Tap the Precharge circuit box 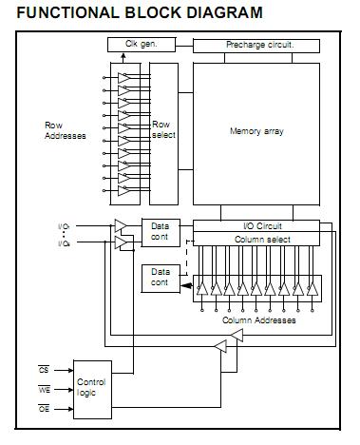259,45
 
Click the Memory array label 256,130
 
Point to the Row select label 163,130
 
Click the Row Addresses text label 66,130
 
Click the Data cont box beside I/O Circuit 160,231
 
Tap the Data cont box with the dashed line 160,278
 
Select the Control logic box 92,386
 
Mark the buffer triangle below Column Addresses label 220,349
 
